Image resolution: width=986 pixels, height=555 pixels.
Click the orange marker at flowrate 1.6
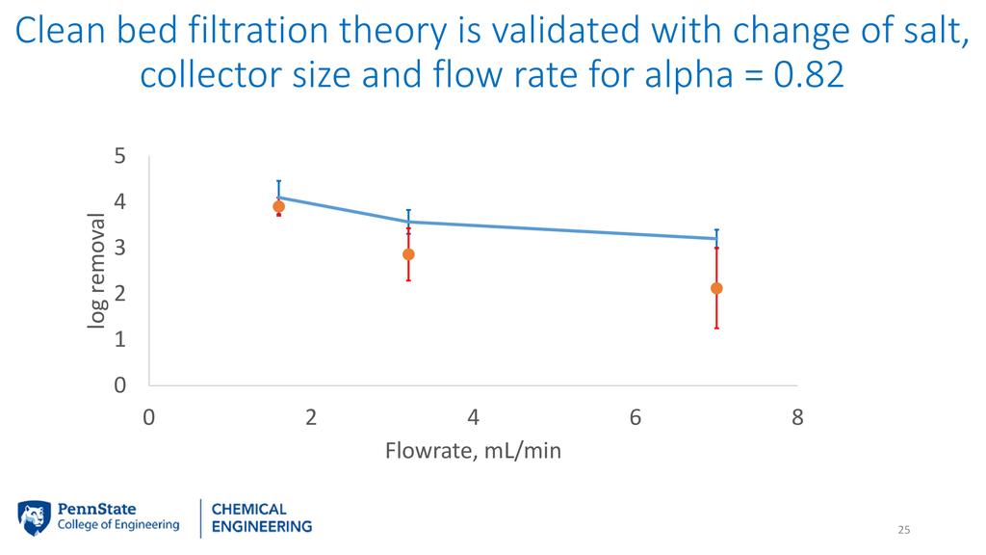(279, 206)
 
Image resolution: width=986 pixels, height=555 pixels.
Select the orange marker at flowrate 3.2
(408, 254)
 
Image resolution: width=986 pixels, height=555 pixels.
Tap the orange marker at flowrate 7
(716, 288)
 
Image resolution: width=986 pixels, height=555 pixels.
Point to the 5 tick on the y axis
(119, 155)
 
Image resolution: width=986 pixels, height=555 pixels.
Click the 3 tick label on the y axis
(119, 248)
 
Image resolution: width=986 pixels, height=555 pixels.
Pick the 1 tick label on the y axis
(119, 340)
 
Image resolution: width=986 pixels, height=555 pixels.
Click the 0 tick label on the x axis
(149, 417)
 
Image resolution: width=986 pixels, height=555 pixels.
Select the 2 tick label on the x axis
(311, 417)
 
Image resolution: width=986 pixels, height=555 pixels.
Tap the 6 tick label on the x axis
(636, 417)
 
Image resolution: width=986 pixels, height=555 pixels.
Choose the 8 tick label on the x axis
(797, 417)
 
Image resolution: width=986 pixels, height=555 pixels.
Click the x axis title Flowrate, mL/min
(473, 450)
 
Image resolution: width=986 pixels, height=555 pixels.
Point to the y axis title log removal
(96, 271)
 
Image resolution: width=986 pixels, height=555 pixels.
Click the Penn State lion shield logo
(35, 516)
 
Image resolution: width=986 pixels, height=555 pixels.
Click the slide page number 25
(903, 530)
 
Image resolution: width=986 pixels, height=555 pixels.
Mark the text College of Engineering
(118, 525)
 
